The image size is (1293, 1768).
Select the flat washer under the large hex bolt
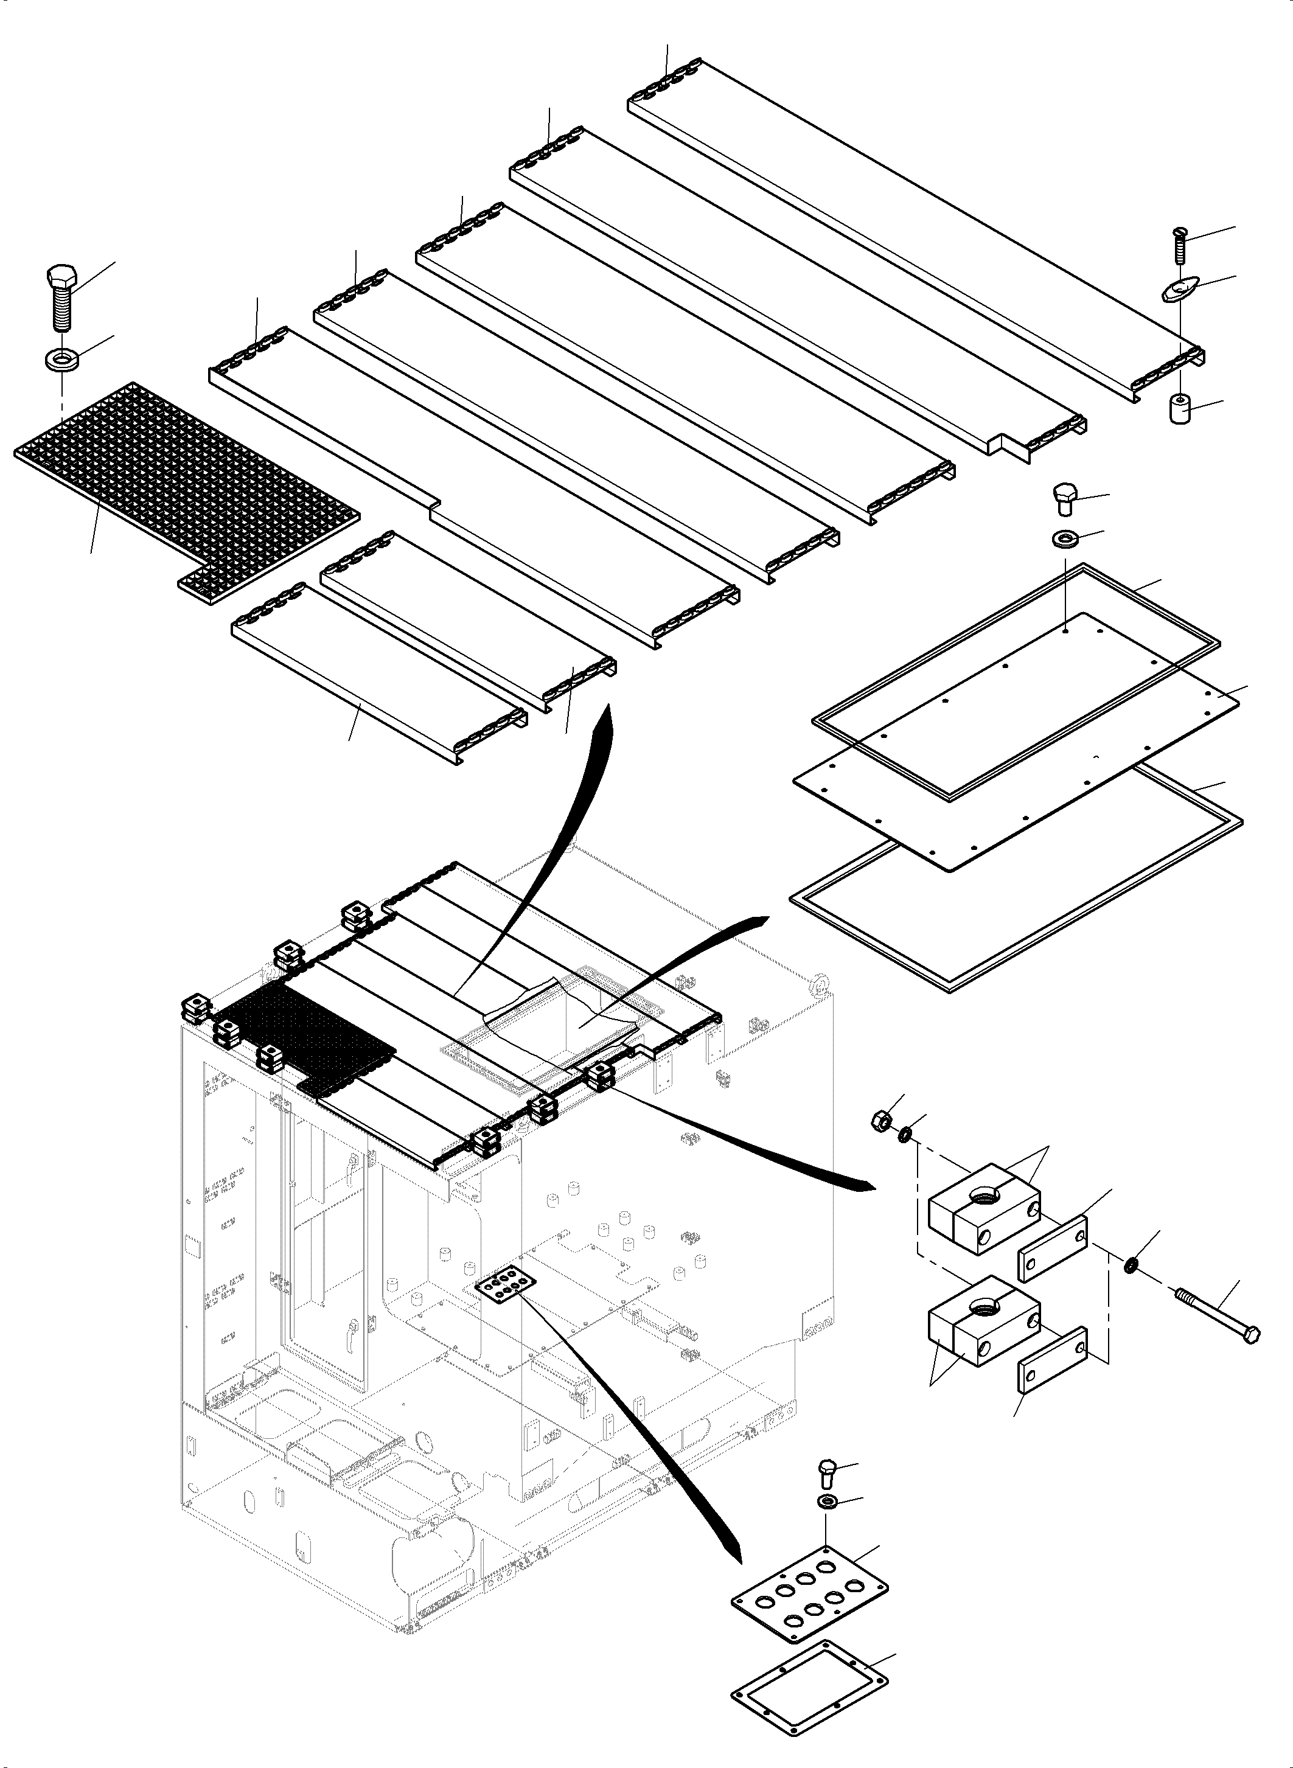pyautogui.click(x=58, y=361)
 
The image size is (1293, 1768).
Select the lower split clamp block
pyautogui.click(x=982, y=1320)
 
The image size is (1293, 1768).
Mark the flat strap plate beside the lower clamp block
pyautogui.click(x=1053, y=1360)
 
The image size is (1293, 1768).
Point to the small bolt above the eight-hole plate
pyautogui.click(x=828, y=1470)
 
